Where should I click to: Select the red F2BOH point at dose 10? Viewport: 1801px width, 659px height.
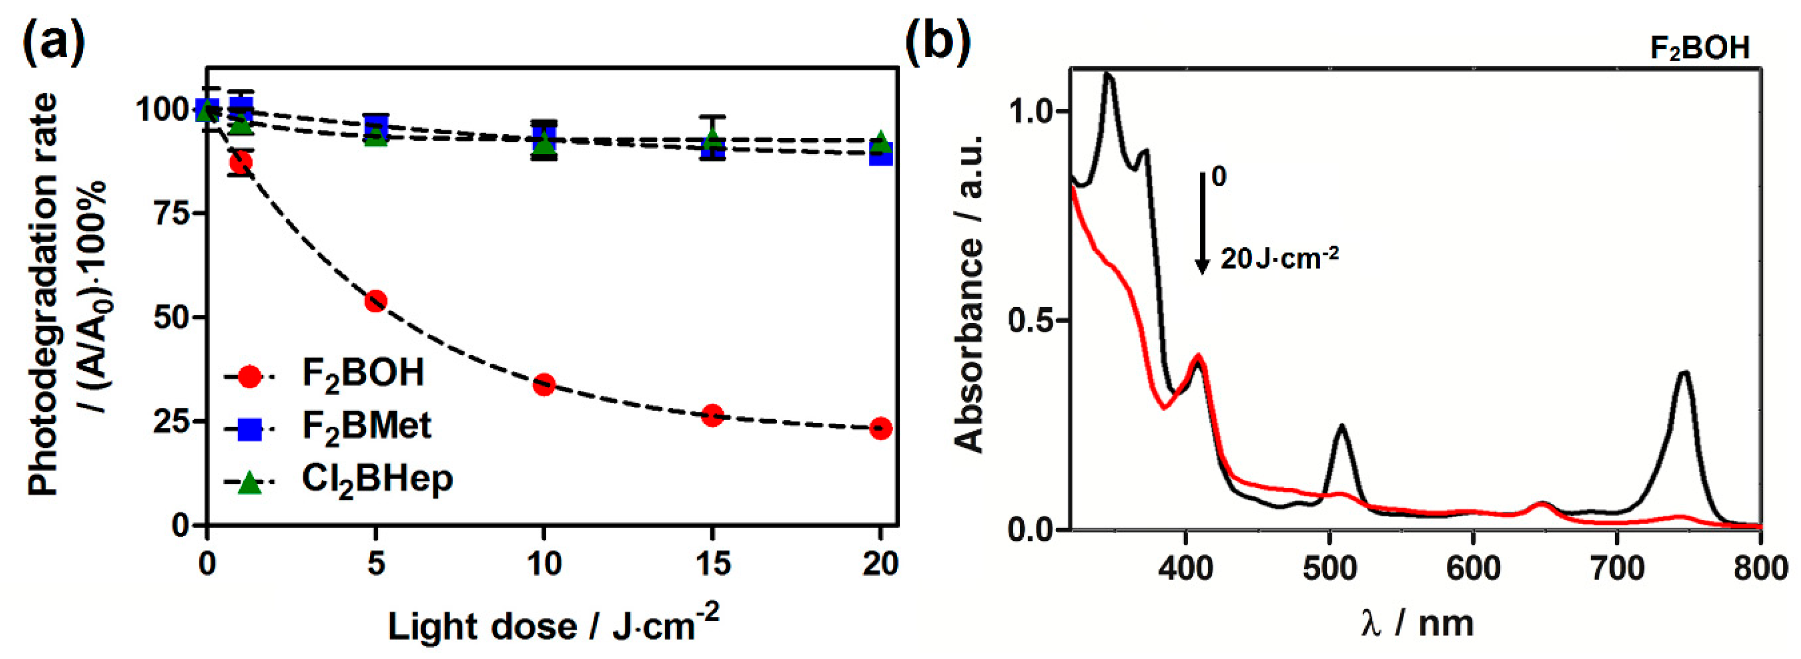coord(544,384)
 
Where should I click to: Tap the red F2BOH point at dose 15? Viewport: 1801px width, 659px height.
coord(712,415)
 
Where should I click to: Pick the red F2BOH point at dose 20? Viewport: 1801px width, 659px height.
coord(881,428)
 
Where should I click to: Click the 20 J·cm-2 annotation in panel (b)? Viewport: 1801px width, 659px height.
coord(1280,259)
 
